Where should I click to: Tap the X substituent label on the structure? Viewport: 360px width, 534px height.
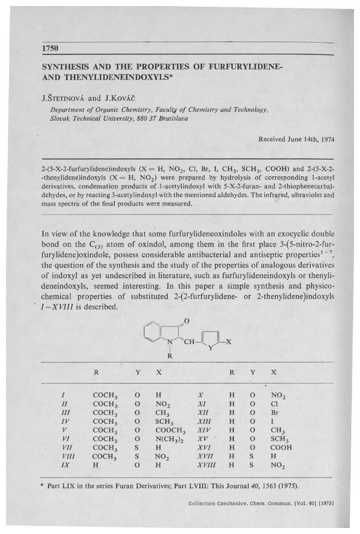[x=227, y=342]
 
